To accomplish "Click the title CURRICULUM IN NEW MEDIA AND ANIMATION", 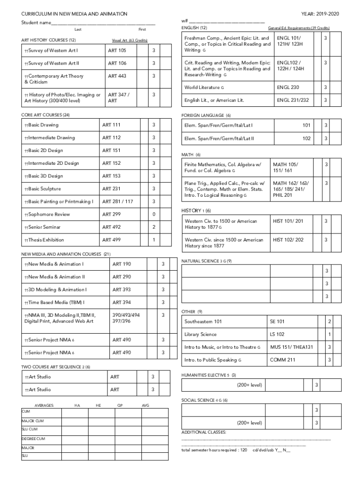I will pyautogui.click(x=74, y=15).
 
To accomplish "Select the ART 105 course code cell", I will pyautogui.click(x=117, y=50).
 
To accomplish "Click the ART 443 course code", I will pyautogui.click(x=117, y=76).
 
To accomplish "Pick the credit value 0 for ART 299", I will pyautogui.click(x=153, y=215).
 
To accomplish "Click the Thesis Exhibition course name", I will pyautogui.click(x=46, y=240).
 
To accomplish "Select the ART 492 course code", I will pyautogui.click(x=111, y=227).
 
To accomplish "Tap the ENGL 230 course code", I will pyautogui.click(x=288, y=88).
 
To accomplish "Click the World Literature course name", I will pyautogui.click(x=204, y=88).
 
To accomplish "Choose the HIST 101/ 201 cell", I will pyautogui.click(x=288, y=221).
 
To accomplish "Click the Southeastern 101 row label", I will pyautogui.click(x=203, y=322).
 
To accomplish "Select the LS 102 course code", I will pyautogui.click(x=277, y=335).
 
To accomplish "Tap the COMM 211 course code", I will pyautogui.click(x=282, y=360).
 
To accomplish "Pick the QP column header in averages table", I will pyautogui.click(x=120, y=405).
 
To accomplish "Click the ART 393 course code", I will pyautogui.click(x=122, y=290).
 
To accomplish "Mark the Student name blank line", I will pyautogui.click(x=103, y=23).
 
